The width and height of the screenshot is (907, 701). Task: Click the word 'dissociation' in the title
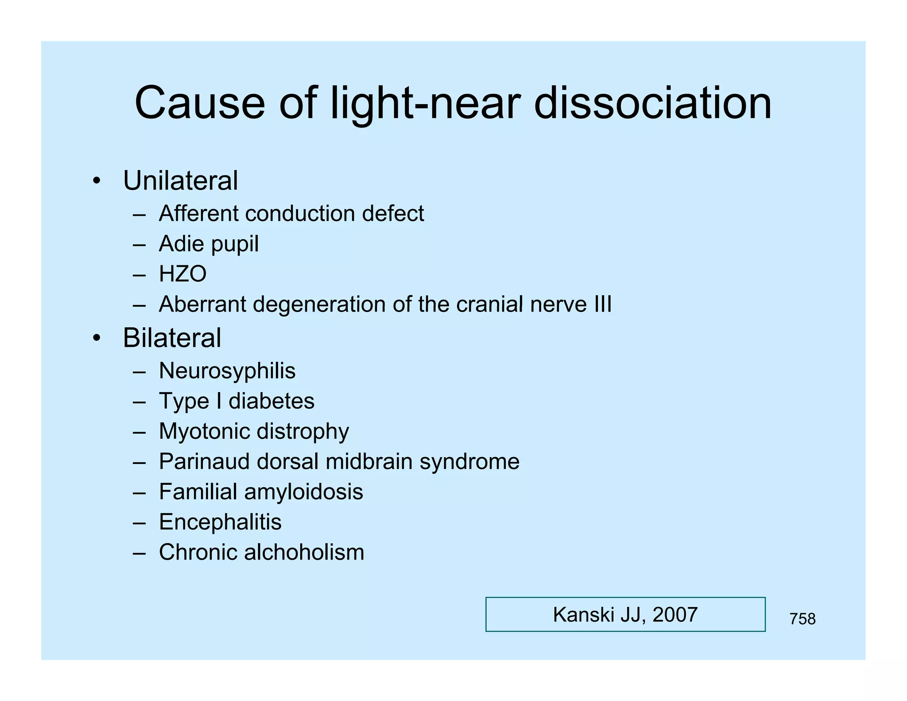coord(653,103)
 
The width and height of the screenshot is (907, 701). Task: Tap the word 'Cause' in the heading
coord(200,103)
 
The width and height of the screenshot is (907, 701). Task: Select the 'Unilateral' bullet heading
coord(180,181)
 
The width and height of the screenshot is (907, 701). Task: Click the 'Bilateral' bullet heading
coord(172,338)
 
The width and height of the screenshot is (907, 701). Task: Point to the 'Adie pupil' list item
coord(209,244)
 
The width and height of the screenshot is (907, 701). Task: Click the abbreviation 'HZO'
coord(182,274)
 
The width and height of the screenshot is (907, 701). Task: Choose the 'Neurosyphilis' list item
coord(227,371)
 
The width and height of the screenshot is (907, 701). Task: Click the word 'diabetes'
coord(271,401)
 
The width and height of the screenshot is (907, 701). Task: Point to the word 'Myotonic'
coord(204,432)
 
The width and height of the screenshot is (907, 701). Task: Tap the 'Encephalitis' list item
coord(220,522)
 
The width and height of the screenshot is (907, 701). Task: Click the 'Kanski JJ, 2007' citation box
coord(625,615)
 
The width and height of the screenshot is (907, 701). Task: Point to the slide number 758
coord(802,619)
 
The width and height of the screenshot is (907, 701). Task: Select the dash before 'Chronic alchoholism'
coord(139,553)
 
